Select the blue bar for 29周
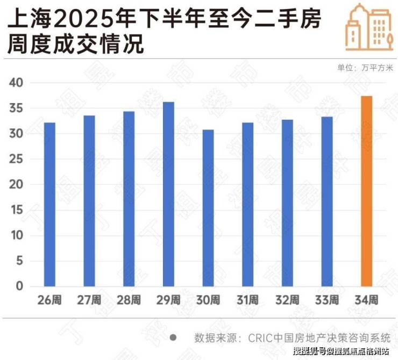click(x=168, y=194)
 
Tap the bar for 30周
click(x=208, y=208)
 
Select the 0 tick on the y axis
click(x=19, y=286)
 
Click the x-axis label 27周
click(x=89, y=300)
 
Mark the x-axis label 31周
click(x=247, y=300)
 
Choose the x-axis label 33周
click(x=326, y=300)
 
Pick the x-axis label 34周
click(x=366, y=300)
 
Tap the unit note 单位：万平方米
click(x=365, y=68)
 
